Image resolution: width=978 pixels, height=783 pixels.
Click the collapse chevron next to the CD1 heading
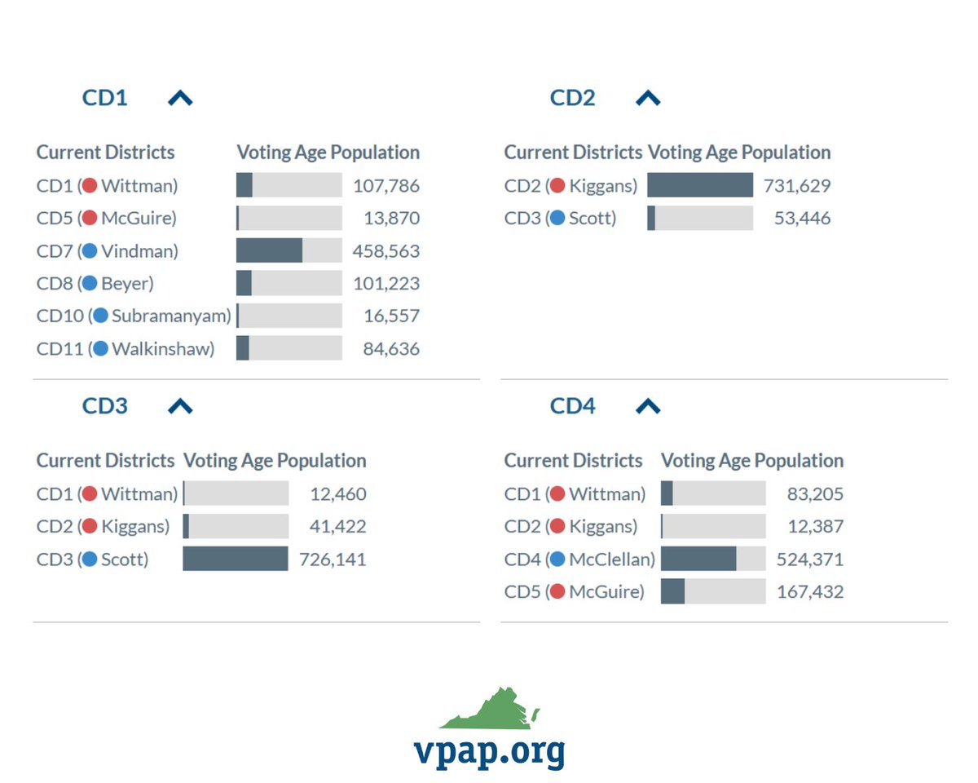(x=180, y=99)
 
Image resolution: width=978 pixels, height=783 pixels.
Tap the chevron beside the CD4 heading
(x=648, y=406)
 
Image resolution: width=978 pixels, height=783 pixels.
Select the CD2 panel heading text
(x=572, y=99)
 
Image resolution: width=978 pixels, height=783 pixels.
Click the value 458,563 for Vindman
(x=386, y=251)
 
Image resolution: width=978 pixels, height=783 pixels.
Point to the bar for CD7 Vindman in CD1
(x=289, y=251)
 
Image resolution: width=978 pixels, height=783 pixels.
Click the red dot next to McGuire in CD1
(x=90, y=218)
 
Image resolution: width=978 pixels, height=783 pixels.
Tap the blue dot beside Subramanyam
(x=100, y=316)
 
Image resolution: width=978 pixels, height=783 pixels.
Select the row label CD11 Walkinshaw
(x=126, y=349)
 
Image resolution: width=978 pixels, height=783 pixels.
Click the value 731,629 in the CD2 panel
(x=797, y=186)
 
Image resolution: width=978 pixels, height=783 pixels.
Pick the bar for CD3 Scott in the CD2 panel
(x=699, y=219)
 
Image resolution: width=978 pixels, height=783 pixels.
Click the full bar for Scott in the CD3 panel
(x=236, y=560)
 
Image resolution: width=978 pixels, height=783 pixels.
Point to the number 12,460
(x=337, y=494)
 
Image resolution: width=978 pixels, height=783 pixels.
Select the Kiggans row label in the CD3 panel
(x=103, y=527)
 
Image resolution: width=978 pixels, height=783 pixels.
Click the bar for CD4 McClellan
(x=712, y=560)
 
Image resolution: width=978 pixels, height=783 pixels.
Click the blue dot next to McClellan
(x=557, y=560)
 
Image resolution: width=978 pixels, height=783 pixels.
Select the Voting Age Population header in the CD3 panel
(x=275, y=461)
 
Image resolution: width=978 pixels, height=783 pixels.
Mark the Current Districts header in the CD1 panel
(x=105, y=153)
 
